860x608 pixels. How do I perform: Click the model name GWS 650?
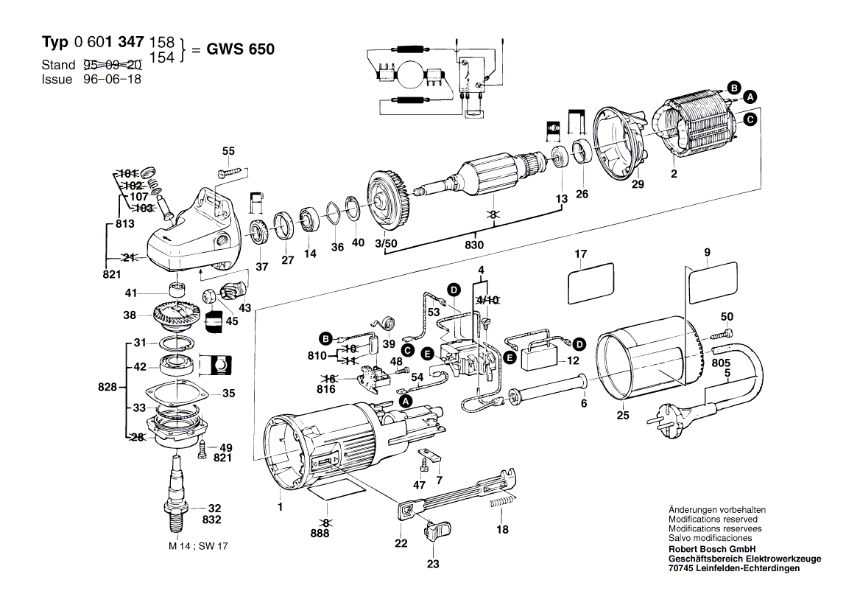(x=240, y=49)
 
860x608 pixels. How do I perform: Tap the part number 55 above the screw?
(x=228, y=152)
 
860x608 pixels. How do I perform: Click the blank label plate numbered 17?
(x=591, y=283)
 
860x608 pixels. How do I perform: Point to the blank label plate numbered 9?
(x=712, y=282)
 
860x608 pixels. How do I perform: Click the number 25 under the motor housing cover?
(x=622, y=416)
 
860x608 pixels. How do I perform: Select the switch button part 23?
(x=437, y=531)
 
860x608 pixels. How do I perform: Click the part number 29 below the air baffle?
(x=638, y=184)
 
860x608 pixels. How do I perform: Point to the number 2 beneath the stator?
(x=674, y=174)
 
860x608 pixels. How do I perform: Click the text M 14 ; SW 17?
(x=198, y=546)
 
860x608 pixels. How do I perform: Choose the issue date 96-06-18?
(x=112, y=79)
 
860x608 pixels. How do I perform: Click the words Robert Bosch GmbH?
(x=712, y=549)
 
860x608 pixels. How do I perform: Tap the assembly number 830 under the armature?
(x=474, y=245)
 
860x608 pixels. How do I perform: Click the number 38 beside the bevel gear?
(x=130, y=315)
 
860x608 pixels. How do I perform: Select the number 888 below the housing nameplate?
(x=320, y=534)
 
